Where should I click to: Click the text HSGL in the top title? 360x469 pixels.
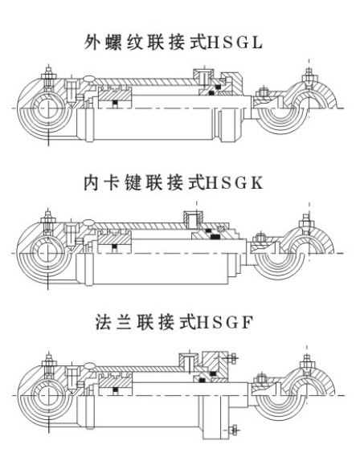tap(235, 43)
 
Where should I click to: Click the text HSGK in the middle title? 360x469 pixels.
tap(235, 183)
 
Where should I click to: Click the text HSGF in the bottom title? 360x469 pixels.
tap(223, 323)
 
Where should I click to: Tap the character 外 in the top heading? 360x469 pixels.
tap(92, 43)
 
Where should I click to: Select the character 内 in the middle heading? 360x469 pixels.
tap(92, 183)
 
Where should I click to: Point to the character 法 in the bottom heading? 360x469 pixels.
tap(103, 323)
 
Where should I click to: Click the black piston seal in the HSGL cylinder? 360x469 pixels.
tap(115, 103)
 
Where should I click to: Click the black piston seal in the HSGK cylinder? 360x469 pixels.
tap(115, 247)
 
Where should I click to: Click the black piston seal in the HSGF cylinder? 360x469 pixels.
tap(115, 390)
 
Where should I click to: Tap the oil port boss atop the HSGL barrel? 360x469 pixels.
tap(202, 76)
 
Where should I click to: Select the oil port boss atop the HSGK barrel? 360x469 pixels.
tap(193, 218)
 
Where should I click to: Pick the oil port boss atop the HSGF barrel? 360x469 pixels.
tap(189, 360)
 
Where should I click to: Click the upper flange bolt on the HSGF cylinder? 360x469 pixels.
tap(232, 357)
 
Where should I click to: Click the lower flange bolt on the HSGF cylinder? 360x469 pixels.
tap(233, 430)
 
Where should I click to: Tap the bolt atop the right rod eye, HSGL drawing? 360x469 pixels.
tap(309, 76)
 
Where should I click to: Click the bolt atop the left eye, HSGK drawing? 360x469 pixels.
tap(47, 219)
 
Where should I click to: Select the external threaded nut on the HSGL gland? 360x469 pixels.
tap(230, 81)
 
